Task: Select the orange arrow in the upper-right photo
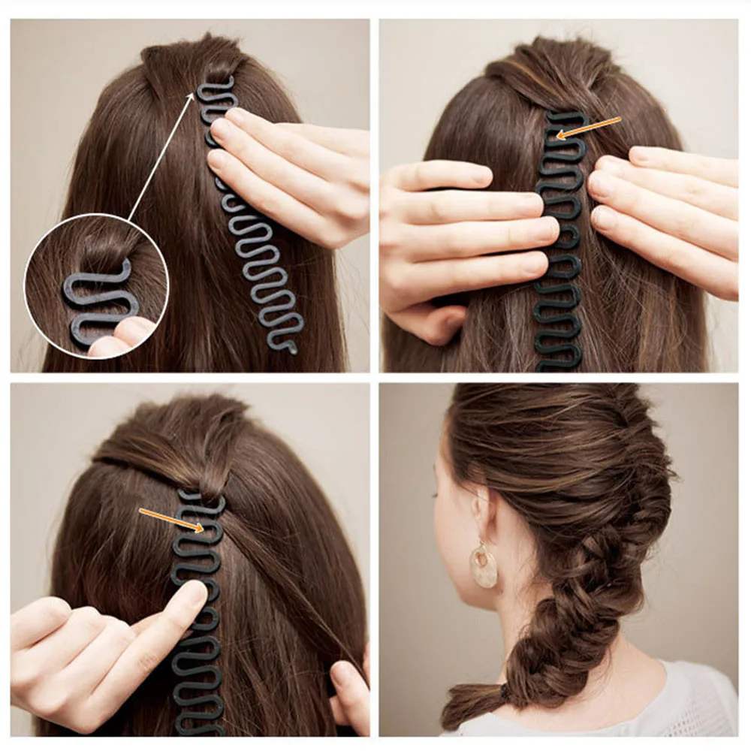tap(590, 128)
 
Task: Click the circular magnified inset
tap(96, 285)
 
